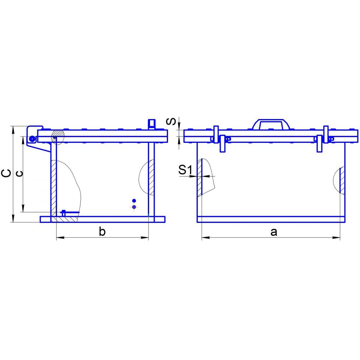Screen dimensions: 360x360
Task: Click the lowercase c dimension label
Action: pyautogui.click(x=19, y=174)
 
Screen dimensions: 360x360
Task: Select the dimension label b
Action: pyautogui.click(x=102, y=232)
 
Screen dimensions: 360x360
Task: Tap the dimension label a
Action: pyautogui.click(x=274, y=232)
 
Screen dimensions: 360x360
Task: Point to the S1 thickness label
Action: pyautogui.click(x=185, y=170)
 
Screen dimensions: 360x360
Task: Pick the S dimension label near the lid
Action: pyautogui.click(x=171, y=121)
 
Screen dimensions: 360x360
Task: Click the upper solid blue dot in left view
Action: pyautogui.click(x=134, y=201)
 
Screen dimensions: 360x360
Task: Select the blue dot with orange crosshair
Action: pyautogui.click(x=134, y=207)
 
